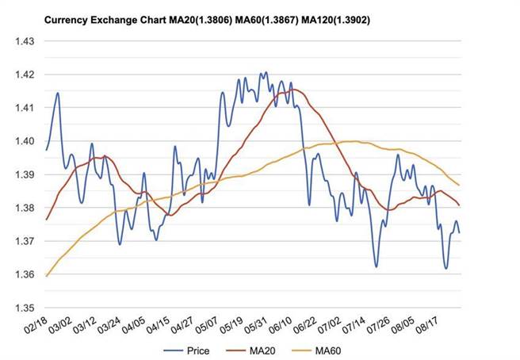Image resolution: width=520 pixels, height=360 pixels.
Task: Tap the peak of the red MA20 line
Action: coord(294,90)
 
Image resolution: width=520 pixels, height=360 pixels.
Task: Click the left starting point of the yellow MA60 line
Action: coord(47,276)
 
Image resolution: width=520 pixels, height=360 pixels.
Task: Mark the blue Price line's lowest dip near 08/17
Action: coord(446,268)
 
